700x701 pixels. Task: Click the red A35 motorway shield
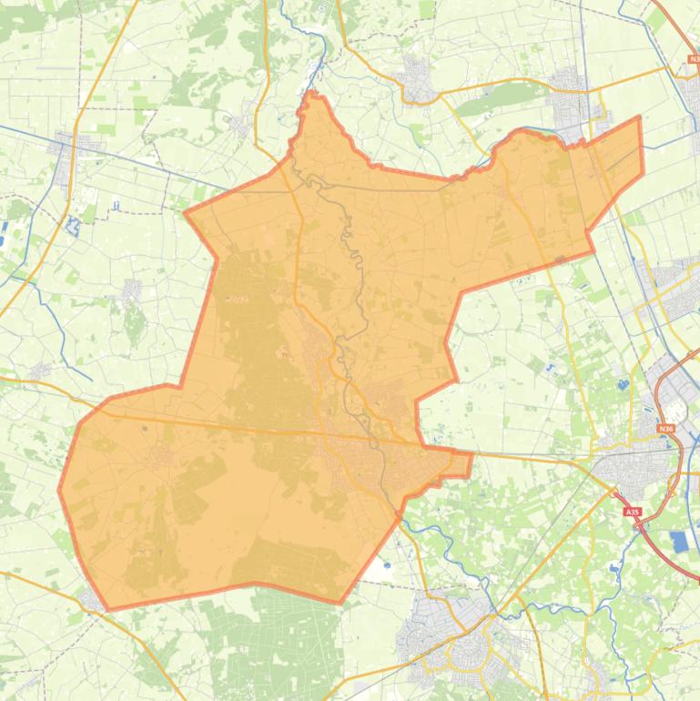pos(633,513)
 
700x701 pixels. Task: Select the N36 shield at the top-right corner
pos(695,59)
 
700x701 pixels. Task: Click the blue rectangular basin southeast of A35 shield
pos(680,542)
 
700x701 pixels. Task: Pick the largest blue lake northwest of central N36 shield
pos(623,384)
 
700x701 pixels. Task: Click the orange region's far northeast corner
pos(640,117)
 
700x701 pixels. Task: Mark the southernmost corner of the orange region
pos(340,603)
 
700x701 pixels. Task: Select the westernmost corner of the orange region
pos(59,490)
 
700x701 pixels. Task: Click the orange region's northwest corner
pos(186,214)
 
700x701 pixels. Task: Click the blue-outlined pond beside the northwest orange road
pos(74,200)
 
